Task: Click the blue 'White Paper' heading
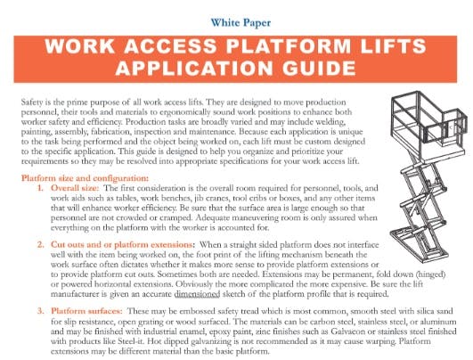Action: [241, 22]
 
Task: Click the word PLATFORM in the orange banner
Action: [289, 46]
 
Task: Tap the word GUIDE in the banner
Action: [319, 68]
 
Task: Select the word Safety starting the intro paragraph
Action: [32, 102]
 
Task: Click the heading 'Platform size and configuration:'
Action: [85, 178]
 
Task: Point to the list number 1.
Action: [40, 188]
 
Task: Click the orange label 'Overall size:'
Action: [75, 188]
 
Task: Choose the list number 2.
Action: [41, 244]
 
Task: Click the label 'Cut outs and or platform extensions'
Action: [121, 244]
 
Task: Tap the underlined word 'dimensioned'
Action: [197, 293]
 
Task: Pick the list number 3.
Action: [41, 311]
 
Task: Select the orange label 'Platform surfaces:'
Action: [86, 311]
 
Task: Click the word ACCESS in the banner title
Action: [170, 46]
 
